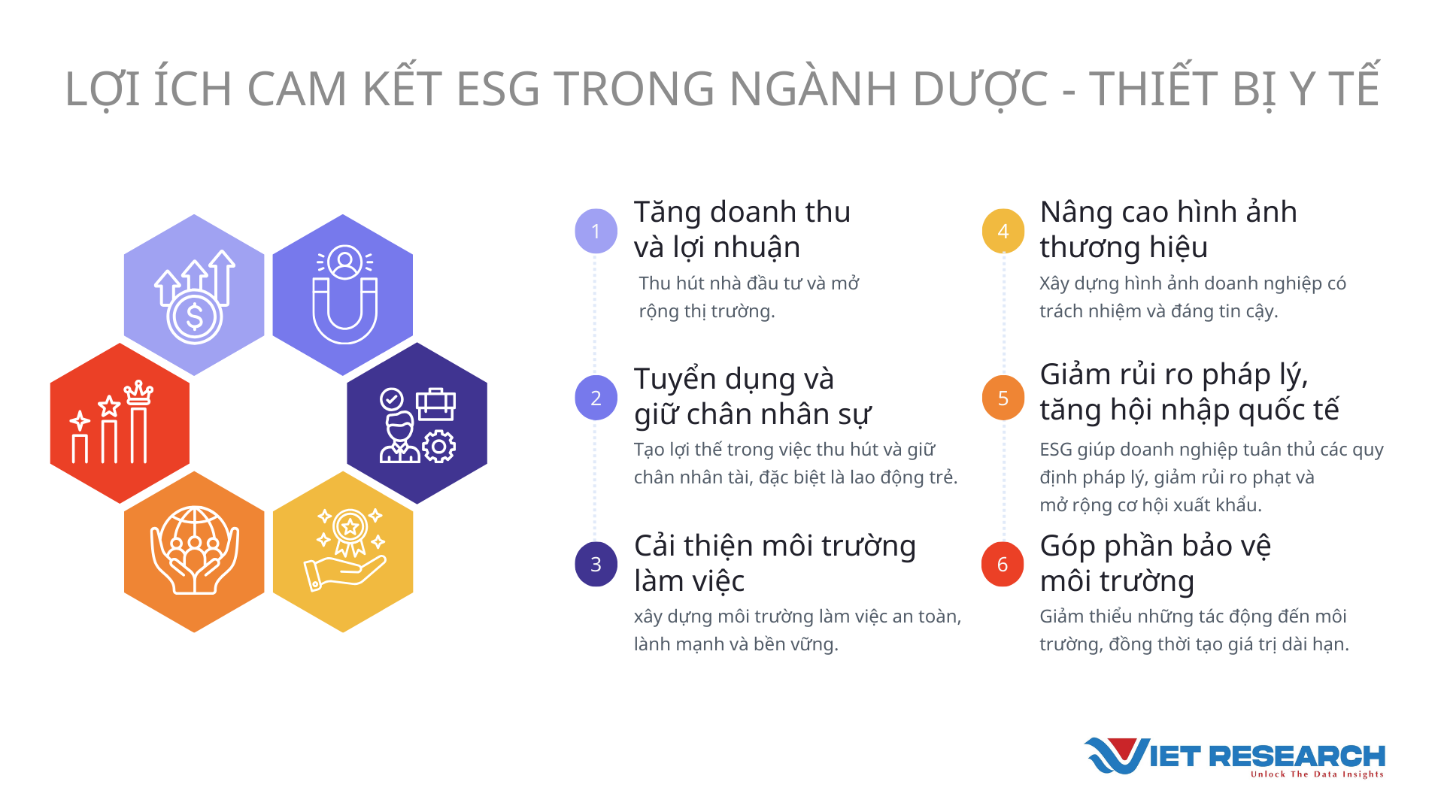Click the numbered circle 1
pos(596,231)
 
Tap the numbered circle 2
pos(596,398)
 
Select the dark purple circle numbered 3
pos(596,564)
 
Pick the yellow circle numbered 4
pos(1003,231)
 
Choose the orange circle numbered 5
pos(1003,398)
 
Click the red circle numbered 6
pos(1003,564)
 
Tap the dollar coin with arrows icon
pos(195,297)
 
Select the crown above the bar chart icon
pos(138,393)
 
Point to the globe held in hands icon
pos(195,550)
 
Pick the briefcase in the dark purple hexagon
pos(436,404)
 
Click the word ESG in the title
pos(498,89)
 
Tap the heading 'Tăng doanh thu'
pos(742,212)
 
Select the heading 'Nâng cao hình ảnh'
pos(1168,212)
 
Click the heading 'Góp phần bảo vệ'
pos(1155,546)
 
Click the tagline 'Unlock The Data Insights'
pos(1317,774)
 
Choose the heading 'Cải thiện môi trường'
pos(775,546)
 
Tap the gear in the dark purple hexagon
pos(439,446)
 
